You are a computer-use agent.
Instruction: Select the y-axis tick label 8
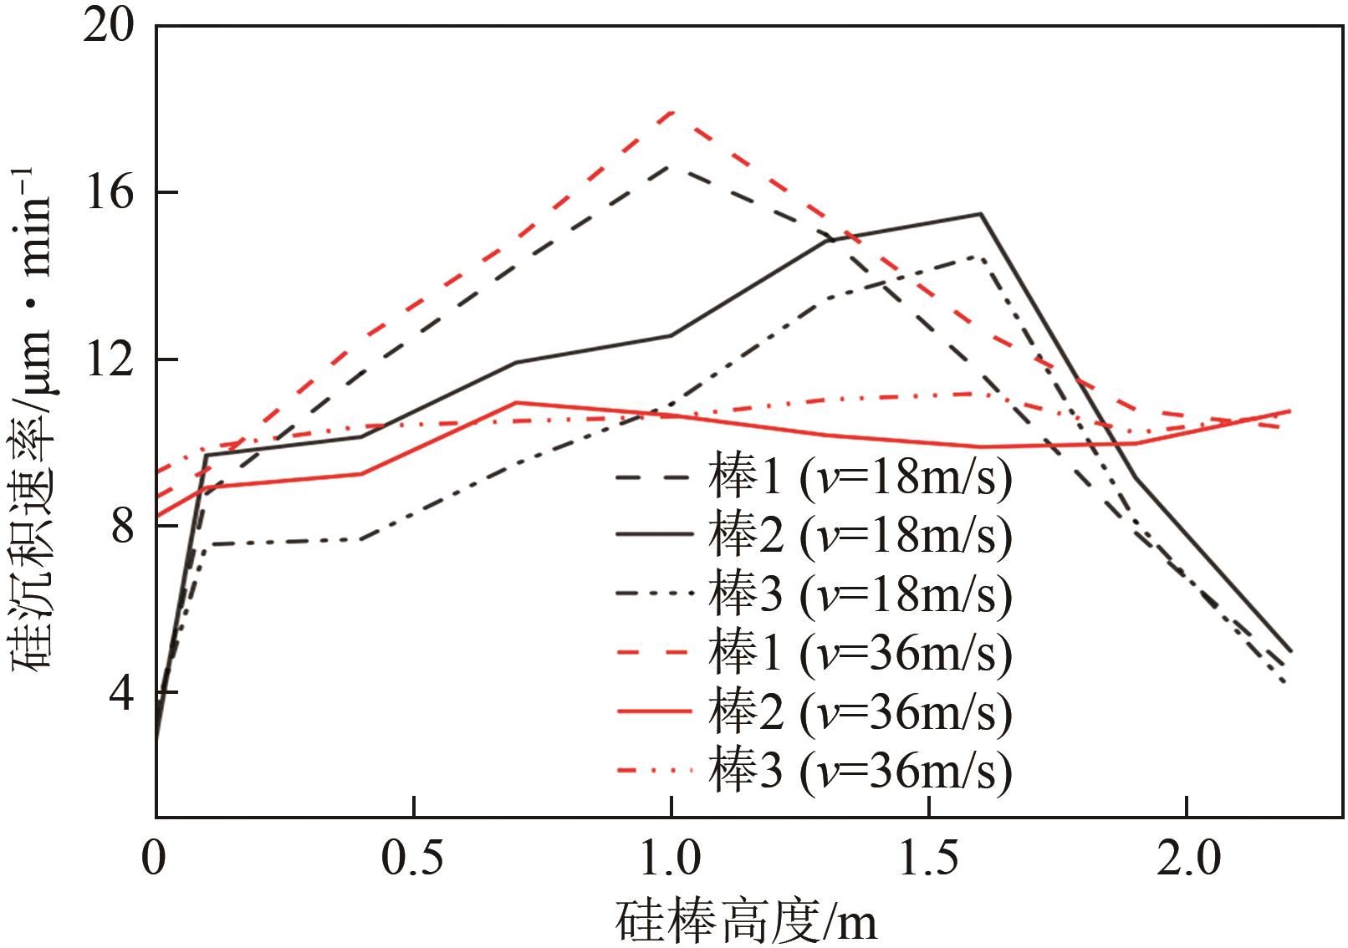click(x=121, y=528)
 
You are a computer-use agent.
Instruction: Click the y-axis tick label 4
click(x=121, y=694)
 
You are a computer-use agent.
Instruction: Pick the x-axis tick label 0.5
click(x=414, y=859)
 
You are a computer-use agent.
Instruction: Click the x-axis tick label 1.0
click(x=671, y=859)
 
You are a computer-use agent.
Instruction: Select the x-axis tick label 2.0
click(x=1187, y=859)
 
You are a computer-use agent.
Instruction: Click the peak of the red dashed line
click(x=671, y=111)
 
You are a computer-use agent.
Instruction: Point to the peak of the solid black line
click(x=980, y=214)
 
